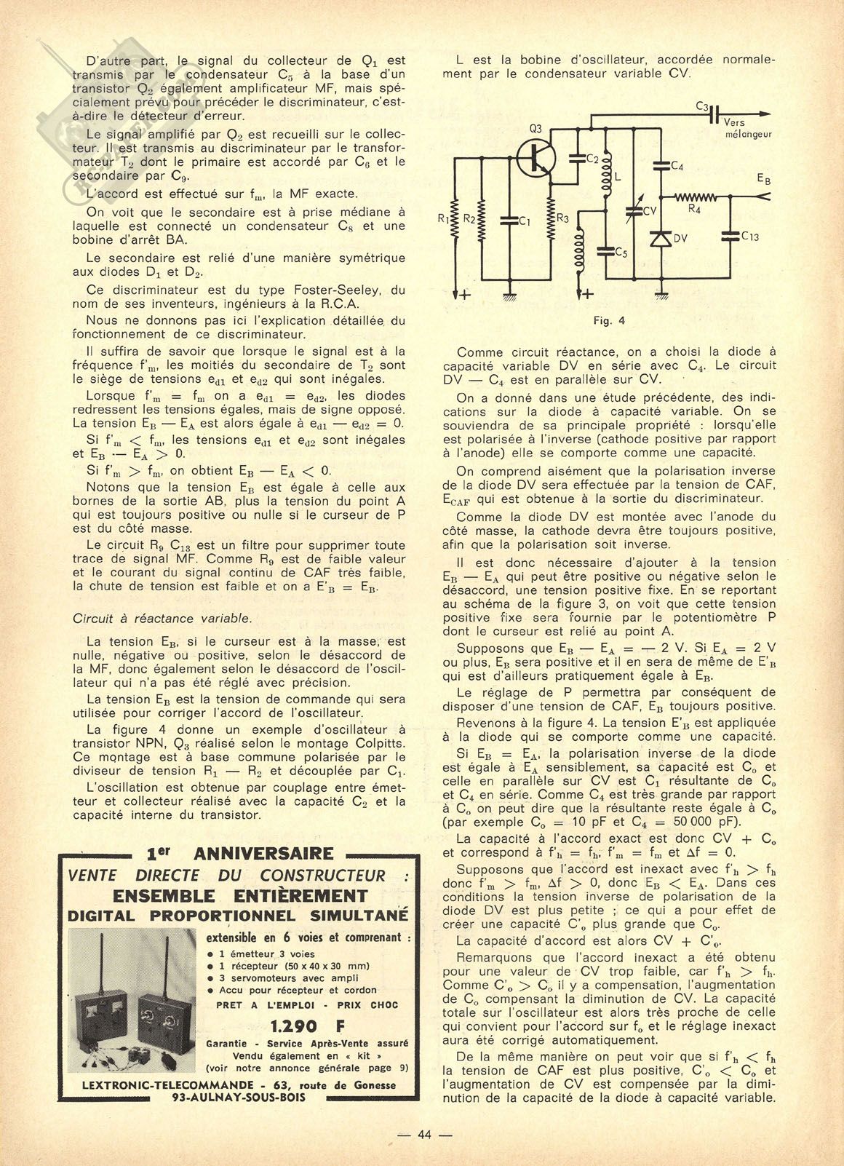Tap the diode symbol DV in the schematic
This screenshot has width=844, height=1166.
point(661,239)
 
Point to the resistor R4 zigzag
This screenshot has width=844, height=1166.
point(696,196)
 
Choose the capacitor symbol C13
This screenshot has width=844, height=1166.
point(730,235)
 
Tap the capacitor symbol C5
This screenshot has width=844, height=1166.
point(605,251)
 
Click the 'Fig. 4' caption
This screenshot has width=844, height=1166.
point(610,320)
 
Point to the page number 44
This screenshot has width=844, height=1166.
point(425,1135)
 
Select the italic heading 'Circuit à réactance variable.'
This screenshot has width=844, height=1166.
point(162,619)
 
